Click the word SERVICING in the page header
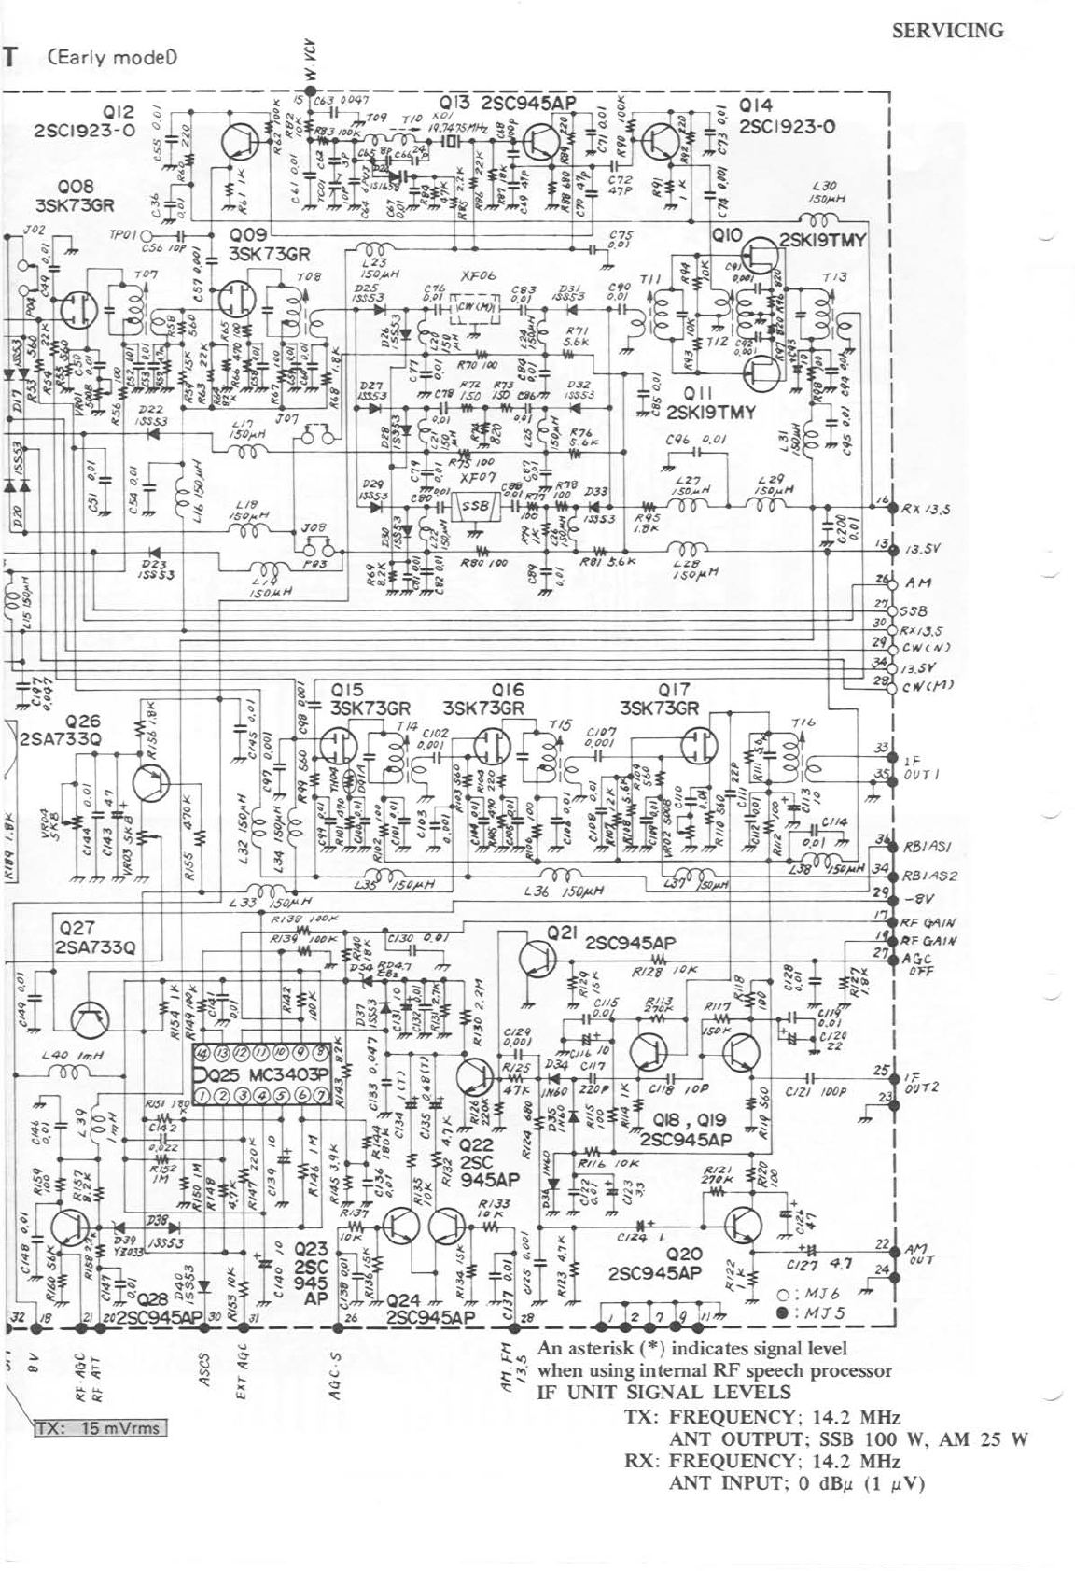click(948, 31)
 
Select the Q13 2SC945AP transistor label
click(508, 103)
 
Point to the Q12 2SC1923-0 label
click(84, 121)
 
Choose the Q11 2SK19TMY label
click(708, 403)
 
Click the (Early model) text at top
click(112, 57)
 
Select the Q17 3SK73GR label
click(659, 699)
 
